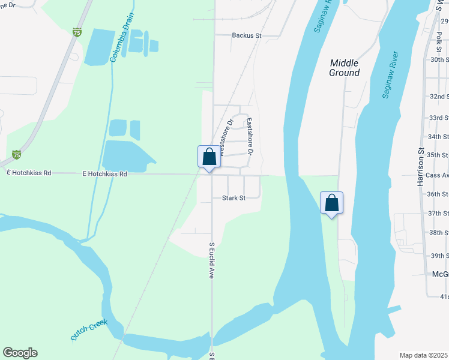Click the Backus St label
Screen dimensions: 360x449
tap(247, 35)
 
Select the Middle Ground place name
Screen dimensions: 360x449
tap(345, 68)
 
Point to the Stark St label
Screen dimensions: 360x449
tap(234, 197)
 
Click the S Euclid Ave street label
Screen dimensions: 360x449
tap(211, 260)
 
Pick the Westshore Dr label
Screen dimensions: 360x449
tap(226, 137)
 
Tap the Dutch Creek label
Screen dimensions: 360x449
tap(89, 330)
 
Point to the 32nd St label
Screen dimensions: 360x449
tap(439, 96)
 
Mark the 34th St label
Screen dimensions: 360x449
tap(439, 137)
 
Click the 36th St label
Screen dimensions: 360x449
tap(438, 194)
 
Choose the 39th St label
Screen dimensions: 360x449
tap(439, 256)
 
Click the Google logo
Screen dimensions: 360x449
tap(20, 353)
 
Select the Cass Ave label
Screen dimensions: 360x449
tap(438, 175)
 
